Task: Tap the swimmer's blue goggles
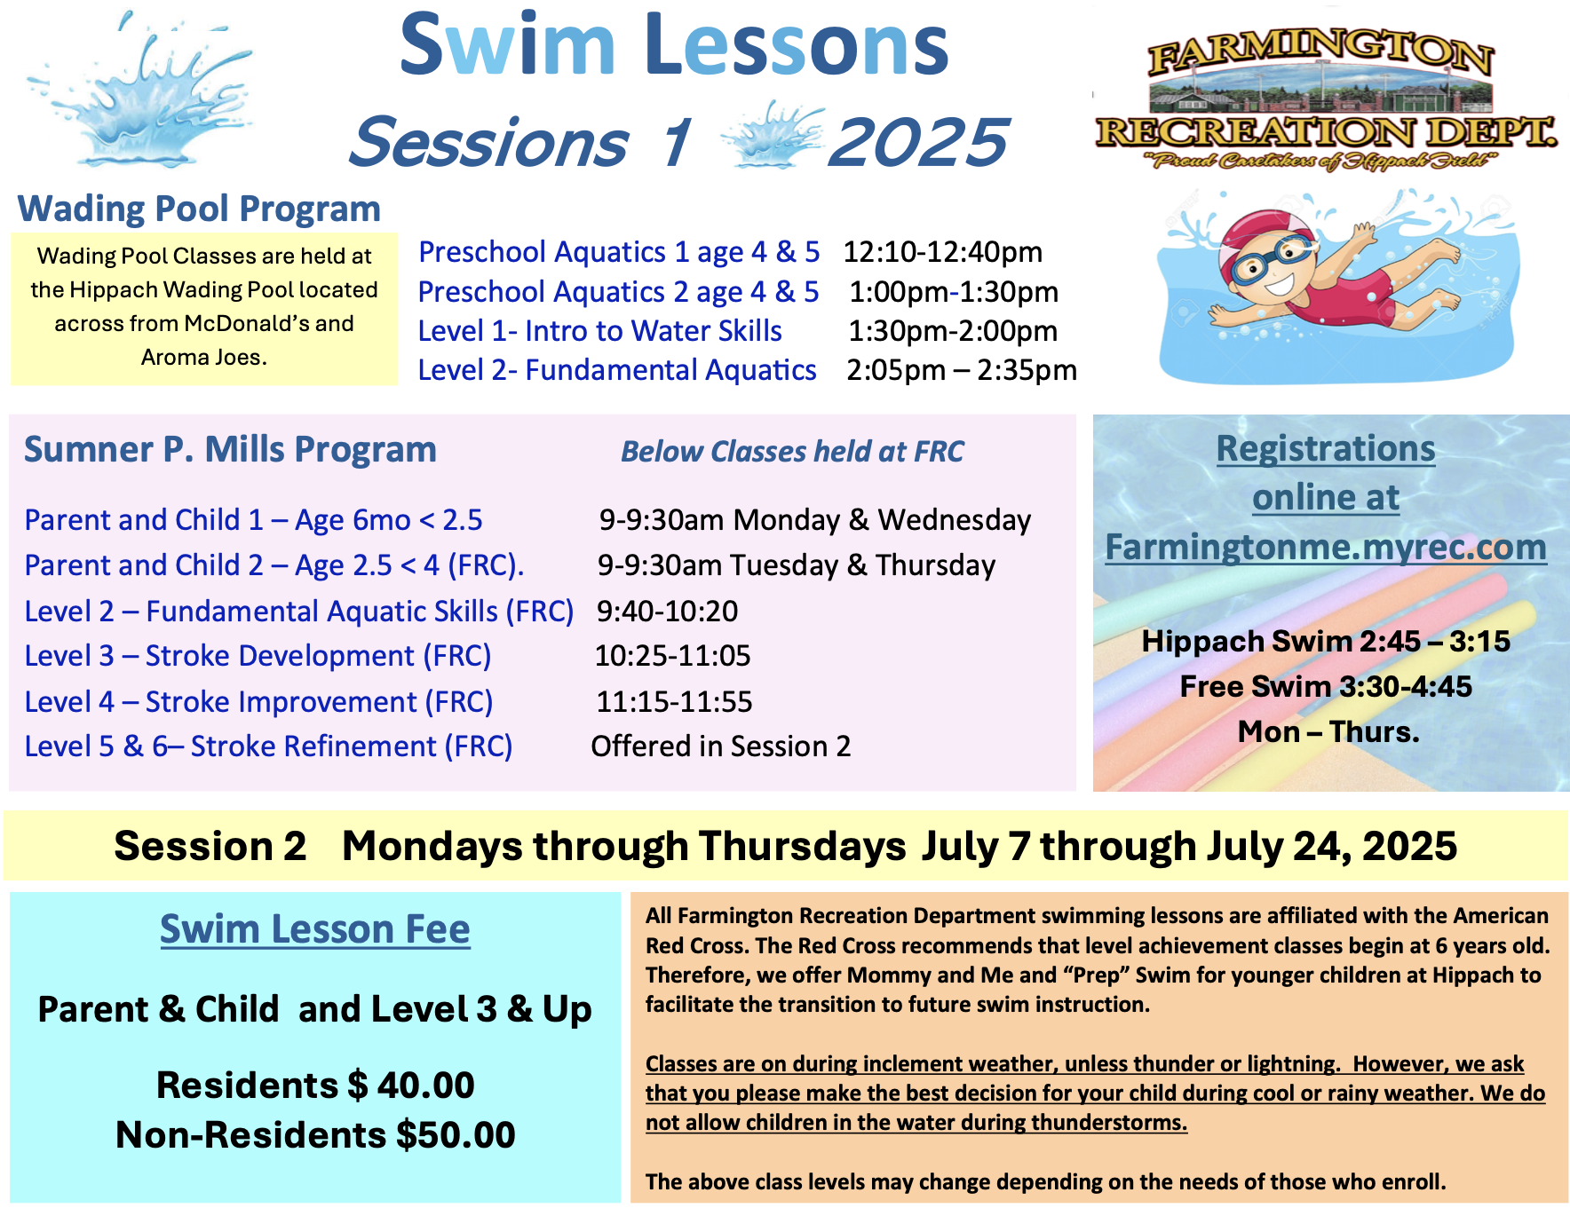[x=1273, y=258]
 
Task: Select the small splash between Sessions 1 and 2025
[x=771, y=135]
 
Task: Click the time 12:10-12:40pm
[x=942, y=252]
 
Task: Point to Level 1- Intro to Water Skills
[x=600, y=331]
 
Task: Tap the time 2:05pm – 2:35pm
[x=962, y=370]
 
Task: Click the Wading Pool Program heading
[x=199, y=209]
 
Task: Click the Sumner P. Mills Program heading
[x=230, y=450]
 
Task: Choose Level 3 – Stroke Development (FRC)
[x=258, y=656]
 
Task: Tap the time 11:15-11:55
[x=674, y=702]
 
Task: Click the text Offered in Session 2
[x=721, y=746]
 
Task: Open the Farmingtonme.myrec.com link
[x=1326, y=548]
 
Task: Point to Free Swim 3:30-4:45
[x=1326, y=686]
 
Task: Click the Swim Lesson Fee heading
[x=315, y=929]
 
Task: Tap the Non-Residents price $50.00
[x=456, y=1134]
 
